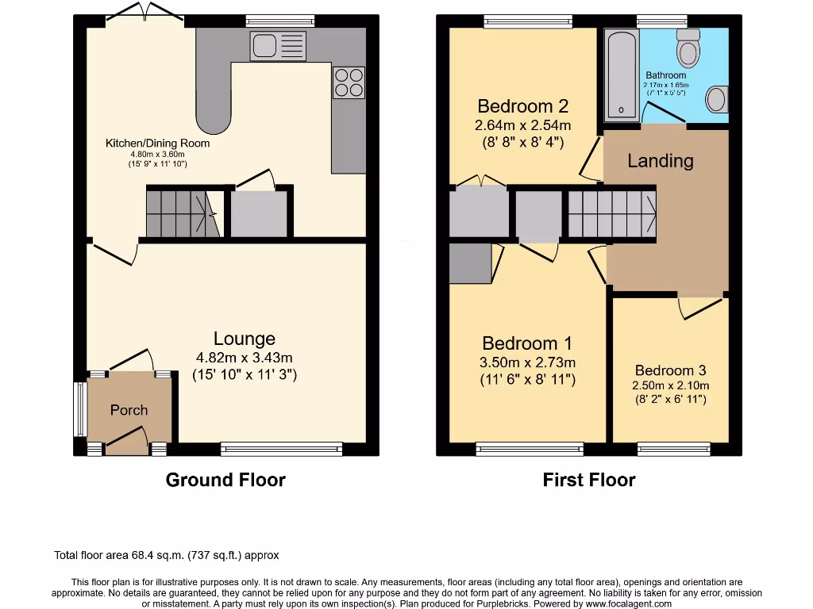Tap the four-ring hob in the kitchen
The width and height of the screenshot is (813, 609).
(x=348, y=82)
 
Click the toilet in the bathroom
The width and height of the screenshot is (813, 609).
(x=688, y=49)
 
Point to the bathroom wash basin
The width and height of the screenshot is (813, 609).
(x=716, y=100)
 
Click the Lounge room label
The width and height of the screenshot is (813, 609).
(x=244, y=339)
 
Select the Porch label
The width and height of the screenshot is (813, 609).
(x=129, y=410)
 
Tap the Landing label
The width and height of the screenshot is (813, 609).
(x=660, y=161)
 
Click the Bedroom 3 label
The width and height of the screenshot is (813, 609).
(x=670, y=370)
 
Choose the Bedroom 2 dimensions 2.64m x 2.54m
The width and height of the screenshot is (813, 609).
(x=522, y=125)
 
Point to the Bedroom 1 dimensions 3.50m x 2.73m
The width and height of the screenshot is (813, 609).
(x=527, y=363)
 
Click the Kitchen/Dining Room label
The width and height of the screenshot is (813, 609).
(x=158, y=144)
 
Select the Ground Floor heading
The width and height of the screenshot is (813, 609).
(x=225, y=480)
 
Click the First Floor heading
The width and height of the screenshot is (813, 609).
(x=589, y=480)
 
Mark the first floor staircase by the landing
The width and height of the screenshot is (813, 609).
(x=611, y=214)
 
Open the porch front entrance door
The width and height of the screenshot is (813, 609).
(x=126, y=441)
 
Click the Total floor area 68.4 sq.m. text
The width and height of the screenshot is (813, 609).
(x=166, y=556)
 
